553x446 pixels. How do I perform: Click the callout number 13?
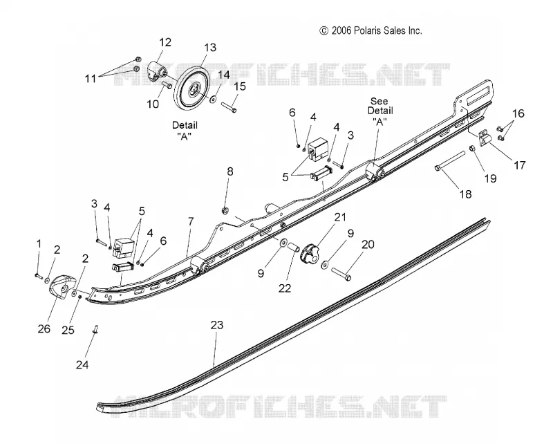210,47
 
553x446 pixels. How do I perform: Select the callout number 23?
217,324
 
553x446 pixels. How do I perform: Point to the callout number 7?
191,221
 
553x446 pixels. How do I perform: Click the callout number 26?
44,328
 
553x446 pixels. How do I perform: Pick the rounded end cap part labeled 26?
62,287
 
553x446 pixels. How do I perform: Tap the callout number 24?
82,364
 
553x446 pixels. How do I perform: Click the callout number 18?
465,194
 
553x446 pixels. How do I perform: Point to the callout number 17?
520,165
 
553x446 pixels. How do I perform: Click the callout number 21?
340,216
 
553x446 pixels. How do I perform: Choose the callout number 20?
368,244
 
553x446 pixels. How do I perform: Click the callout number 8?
230,172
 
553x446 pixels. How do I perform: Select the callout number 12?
165,42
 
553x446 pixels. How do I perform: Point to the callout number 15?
240,86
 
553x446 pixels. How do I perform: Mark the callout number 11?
91,78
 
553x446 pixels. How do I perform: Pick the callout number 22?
285,288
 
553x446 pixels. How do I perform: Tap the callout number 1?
39,244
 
